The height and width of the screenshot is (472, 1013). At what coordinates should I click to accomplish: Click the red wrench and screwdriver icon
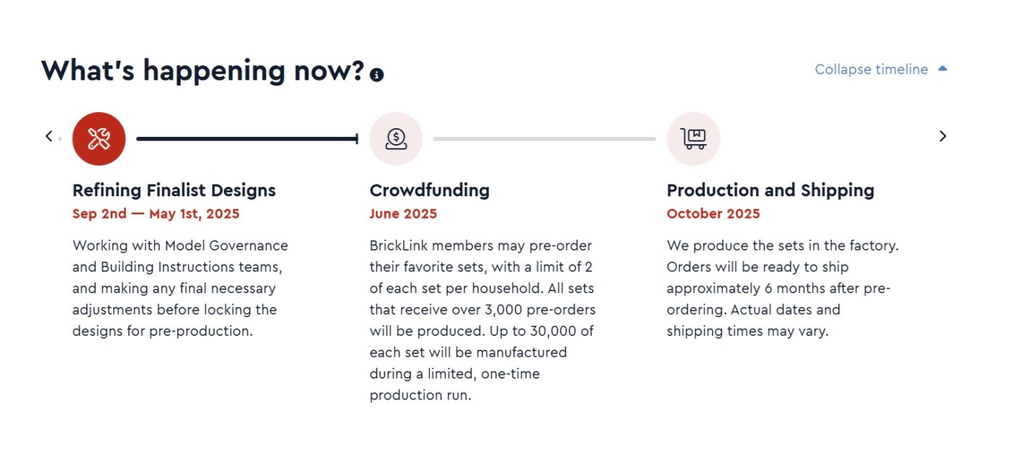pyautogui.click(x=98, y=138)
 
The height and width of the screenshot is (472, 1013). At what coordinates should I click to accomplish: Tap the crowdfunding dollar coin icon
pyautogui.click(x=396, y=138)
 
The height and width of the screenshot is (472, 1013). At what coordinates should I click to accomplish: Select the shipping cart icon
pyautogui.click(x=693, y=138)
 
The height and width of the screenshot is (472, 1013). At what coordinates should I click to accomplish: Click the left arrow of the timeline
pyautogui.click(x=49, y=136)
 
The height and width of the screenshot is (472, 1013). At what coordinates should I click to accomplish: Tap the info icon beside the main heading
pyautogui.click(x=376, y=75)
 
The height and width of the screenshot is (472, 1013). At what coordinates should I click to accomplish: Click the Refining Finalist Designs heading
pyautogui.click(x=174, y=190)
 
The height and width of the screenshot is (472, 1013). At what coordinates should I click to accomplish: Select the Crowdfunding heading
pyautogui.click(x=430, y=190)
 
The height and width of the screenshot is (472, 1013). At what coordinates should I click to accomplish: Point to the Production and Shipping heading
pyautogui.click(x=771, y=190)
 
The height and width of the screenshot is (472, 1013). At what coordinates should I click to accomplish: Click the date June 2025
pyautogui.click(x=404, y=214)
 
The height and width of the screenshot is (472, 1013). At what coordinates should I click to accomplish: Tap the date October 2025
pyautogui.click(x=713, y=214)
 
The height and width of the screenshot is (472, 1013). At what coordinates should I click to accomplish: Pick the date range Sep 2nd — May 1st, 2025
pyautogui.click(x=156, y=214)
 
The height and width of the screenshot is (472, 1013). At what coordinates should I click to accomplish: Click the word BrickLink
pyautogui.click(x=399, y=245)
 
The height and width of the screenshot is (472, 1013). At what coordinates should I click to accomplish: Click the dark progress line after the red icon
pyautogui.click(x=247, y=139)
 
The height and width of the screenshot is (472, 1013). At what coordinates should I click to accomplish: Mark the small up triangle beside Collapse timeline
pyautogui.click(x=942, y=68)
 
